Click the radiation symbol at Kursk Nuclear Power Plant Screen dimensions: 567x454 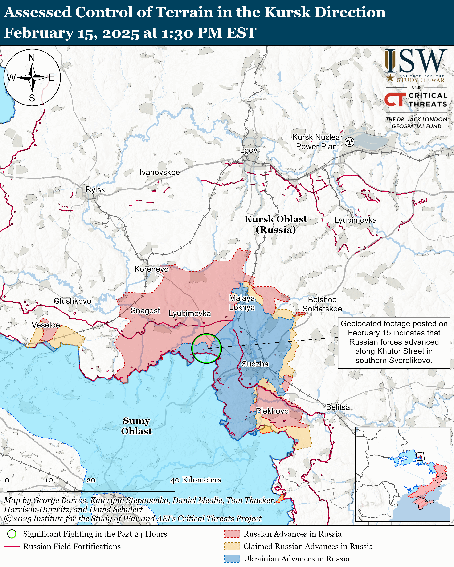pyautogui.click(x=350, y=142)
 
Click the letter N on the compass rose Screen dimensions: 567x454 pyautogui.click(x=32, y=58)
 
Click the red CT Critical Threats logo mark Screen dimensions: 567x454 pyautogui.click(x=395, y=99)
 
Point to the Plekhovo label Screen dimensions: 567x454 pyautogui.click(x=272, y=411)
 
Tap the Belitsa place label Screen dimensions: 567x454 pyautogui.click(x=338, y=407)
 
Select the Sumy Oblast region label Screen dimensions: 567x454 pyautogui.click(x=136, y=426)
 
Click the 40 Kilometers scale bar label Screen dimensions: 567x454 pyautogui.click(x=196, y=479)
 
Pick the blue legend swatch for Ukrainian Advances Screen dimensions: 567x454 pyautogui.click(x=232, y=558)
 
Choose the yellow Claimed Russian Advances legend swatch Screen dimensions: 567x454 pyautogui.click(x=232, y=546)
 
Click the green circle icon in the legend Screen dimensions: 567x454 pyautogui.click(x=12, y=534)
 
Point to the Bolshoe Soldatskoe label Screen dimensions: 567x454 pyautogui.click(x=322, y=304)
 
